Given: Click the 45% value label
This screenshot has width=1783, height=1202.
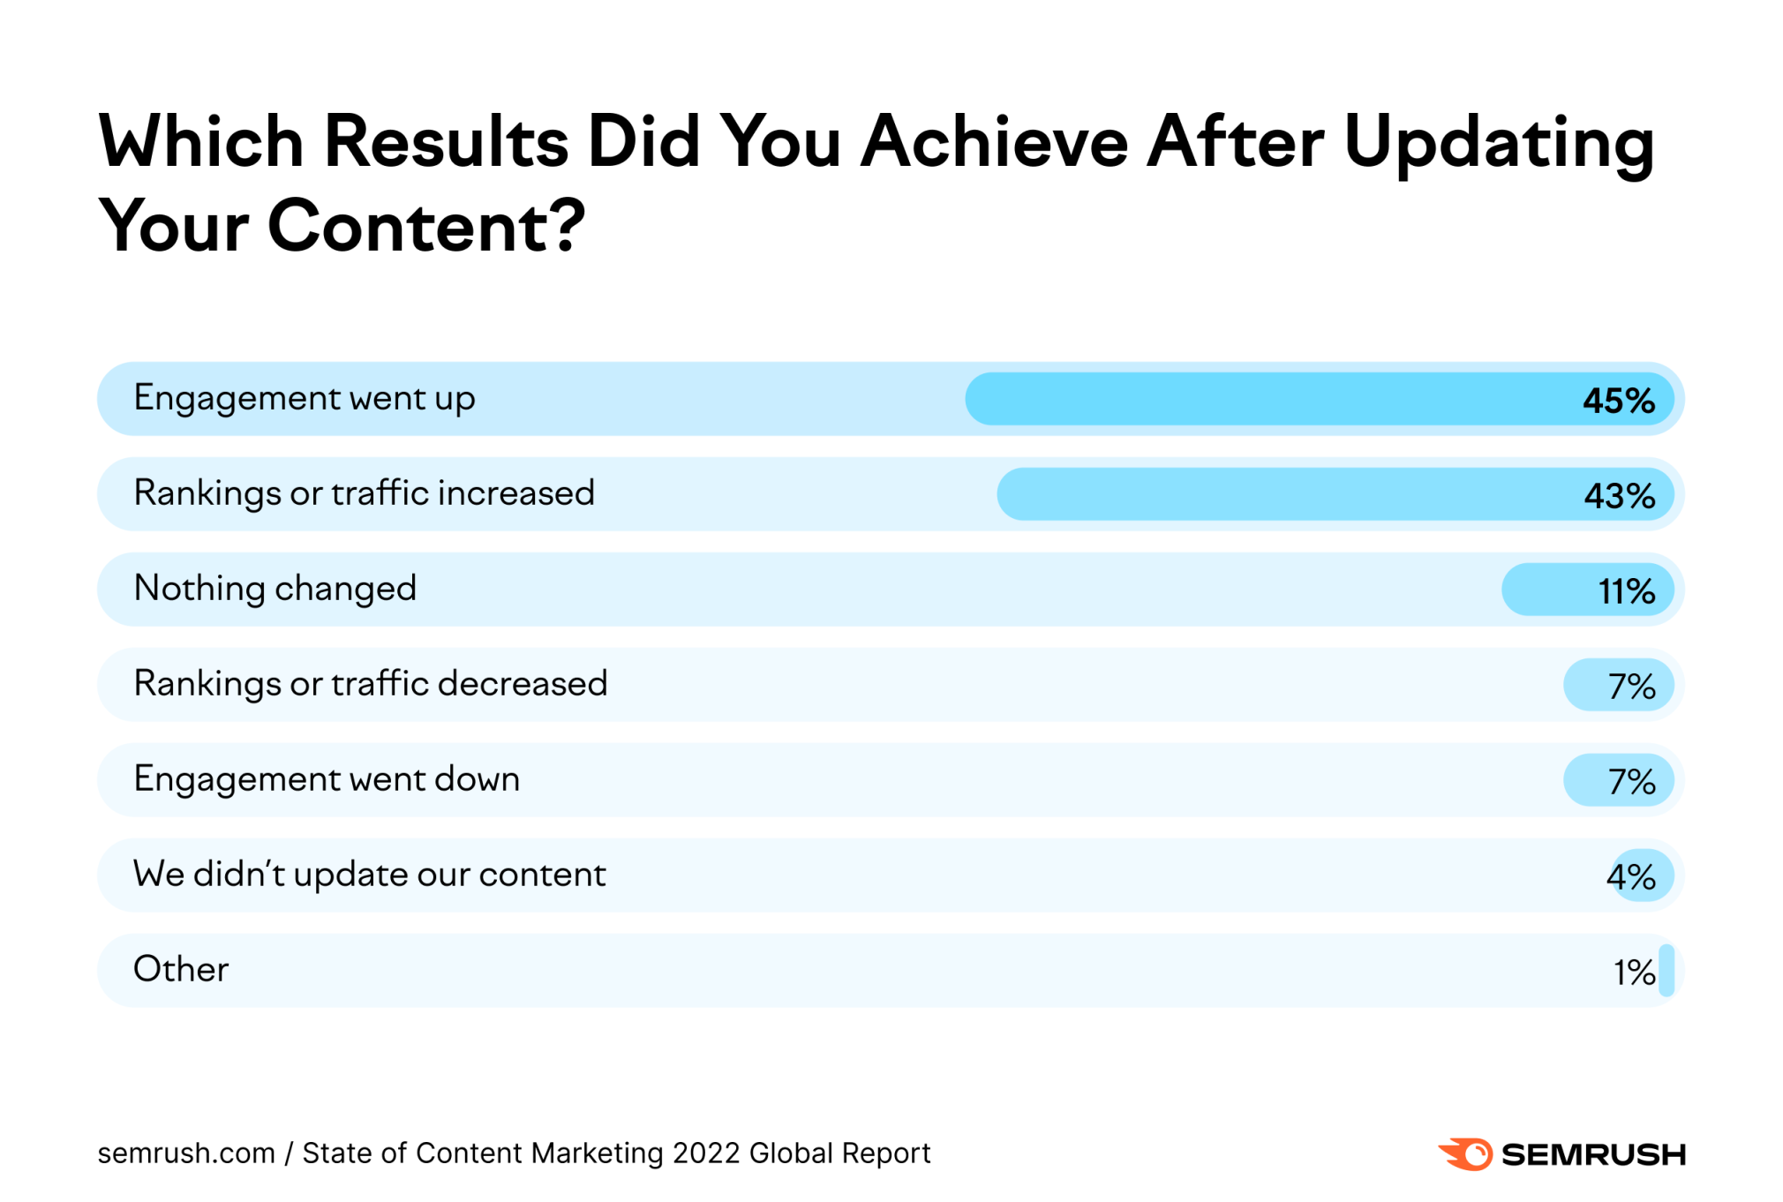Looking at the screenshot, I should coord(1618,401).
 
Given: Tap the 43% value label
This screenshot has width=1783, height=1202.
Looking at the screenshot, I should coord(1619,496).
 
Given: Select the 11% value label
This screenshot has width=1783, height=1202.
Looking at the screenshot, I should coord(1626,591).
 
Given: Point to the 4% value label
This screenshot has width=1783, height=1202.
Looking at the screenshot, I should coord(1630,877).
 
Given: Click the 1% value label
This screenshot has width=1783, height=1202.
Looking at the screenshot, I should coord(1634,973).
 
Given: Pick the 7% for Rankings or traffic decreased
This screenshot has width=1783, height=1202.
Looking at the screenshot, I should coord(1631,687).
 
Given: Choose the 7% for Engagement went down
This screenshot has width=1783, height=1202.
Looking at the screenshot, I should coord(1631,782).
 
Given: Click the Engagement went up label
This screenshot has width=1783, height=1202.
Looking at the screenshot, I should coord(305,399).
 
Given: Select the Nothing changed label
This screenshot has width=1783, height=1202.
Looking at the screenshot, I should coord(275,589).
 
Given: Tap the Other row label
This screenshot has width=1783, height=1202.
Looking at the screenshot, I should coord(181,969).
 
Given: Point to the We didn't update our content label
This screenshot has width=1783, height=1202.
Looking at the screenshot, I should coord(369,875).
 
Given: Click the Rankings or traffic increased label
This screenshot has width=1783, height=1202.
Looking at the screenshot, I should coord(364,493).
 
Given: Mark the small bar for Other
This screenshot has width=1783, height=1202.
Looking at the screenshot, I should coord(1666,971).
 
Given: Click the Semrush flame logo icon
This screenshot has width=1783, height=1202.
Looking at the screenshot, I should coord(1465,1153).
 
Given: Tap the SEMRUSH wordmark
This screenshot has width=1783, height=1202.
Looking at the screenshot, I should coord(1593,1154).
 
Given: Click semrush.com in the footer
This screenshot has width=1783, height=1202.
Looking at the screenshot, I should coord(186,1153).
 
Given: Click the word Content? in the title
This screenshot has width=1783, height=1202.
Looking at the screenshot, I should coord(426,227).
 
